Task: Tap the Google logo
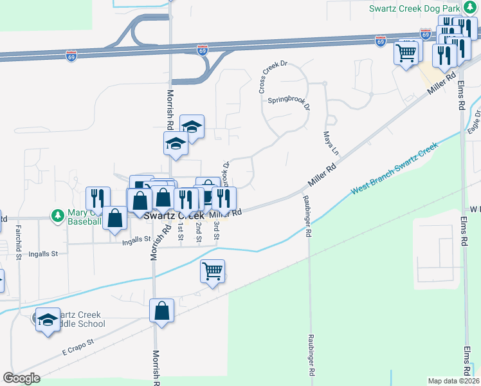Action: click(22, 378)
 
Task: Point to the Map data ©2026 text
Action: click(453, 381)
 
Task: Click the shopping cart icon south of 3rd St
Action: click(212, 271)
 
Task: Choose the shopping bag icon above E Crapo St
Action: click(162, 311)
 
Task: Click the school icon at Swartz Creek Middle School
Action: click(48, 320)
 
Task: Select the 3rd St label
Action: click(217, 230)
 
